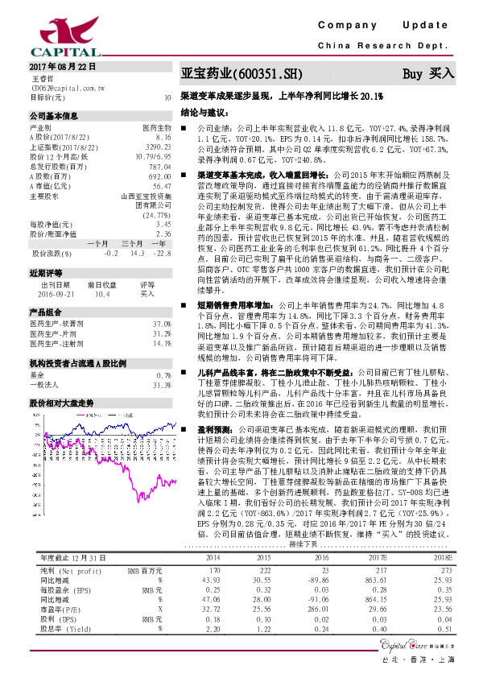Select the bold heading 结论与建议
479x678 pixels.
206,113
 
